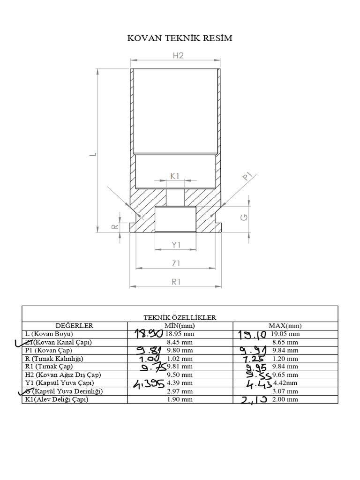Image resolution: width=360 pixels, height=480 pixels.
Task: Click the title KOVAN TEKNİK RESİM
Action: click(x=180, y=38)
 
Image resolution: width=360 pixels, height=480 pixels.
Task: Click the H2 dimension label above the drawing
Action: click(x=178, y=55)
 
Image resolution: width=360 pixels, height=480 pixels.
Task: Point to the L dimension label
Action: click(x=92, y=154)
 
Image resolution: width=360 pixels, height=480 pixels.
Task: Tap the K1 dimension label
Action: click(x=175, y=176)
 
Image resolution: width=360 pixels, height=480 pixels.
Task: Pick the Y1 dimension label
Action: click(x=176, y=245)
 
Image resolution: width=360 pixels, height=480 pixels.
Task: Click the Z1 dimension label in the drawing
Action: click(x=176, y=263)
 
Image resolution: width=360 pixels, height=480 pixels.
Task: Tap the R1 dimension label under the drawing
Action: click(x=176, y=281)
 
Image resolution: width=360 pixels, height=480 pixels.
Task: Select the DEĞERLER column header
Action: click(x=75, y=325)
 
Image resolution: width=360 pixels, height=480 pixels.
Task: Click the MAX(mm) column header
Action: click(x=285, y=325)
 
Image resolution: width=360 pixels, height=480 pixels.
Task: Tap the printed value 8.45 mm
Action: click(x=180, y=342)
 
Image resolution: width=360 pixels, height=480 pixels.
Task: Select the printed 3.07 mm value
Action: click(x=285, y=391)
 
